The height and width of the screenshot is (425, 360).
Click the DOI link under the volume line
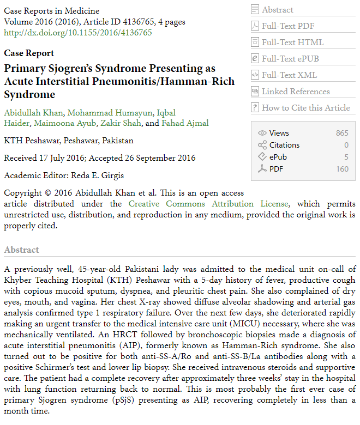pos(78,33)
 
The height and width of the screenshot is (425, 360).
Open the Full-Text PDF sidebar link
pos(288,26)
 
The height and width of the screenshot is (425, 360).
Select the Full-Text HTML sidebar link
pos(292,42)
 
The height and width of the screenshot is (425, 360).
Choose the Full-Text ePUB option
pos(290,59)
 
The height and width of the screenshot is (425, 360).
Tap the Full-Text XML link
pos(289,75)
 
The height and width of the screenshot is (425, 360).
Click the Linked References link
pos(296,92)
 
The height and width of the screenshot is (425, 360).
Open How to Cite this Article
pos(305,108)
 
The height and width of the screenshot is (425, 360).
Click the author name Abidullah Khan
pos(33,113)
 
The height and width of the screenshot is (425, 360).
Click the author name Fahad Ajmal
pos(185,123)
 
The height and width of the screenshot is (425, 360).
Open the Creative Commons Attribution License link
pos(208,204)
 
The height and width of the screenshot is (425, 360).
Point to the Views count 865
pos(342,133)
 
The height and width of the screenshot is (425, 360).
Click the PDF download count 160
pos(342,169)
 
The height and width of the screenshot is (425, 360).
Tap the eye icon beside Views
pos(262,133)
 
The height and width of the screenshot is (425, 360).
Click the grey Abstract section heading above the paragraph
pos(21,250)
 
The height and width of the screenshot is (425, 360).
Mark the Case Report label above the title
pos(29,53)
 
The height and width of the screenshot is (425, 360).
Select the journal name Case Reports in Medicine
pos(51,11)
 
